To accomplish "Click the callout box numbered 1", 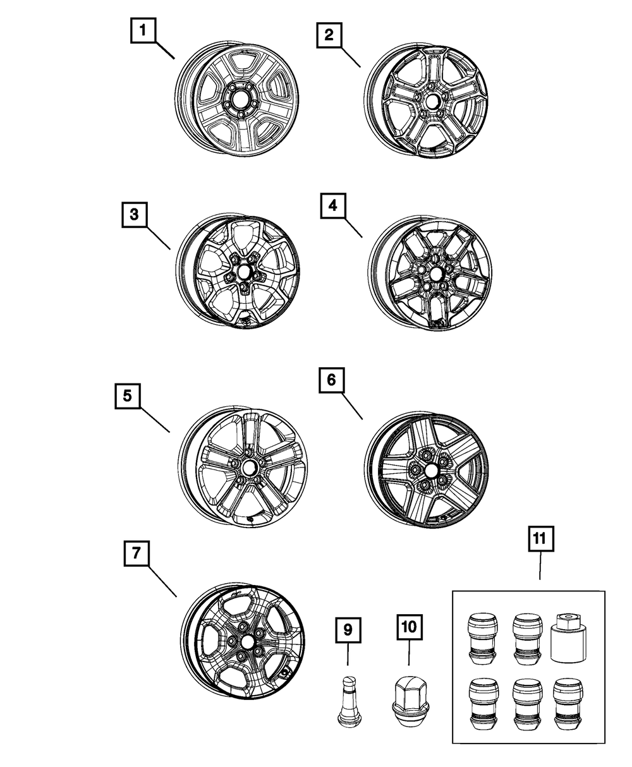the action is coord(143,30).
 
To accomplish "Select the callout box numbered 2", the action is coord(329,35).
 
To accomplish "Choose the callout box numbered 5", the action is coord(127,396).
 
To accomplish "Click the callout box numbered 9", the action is coord(348,629).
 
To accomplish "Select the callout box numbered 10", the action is coord(408,627).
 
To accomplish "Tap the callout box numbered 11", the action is coord(539,540).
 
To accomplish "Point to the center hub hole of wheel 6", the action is coord(432,471).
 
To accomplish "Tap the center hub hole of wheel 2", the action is coord(434,102).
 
